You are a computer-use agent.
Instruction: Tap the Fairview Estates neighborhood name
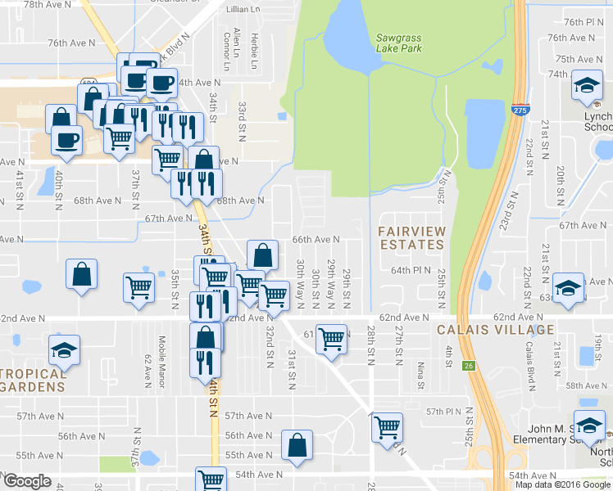pyautogui.click(x=411, y=238)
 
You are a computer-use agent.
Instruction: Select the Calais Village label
pyautogui.click(x=496, y=330)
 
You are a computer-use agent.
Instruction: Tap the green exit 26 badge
pyautogui.click(x=468, y=366)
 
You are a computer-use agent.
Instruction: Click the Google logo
pyautogui.click(x=28, y=481)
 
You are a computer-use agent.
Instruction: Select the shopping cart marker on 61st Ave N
pyautogui.click(x=331, y=338)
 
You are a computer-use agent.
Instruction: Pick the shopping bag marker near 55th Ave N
pyautogui.click(x=297, y=446)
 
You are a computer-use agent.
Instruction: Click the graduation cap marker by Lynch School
pyautogui.click(x=588, y=87)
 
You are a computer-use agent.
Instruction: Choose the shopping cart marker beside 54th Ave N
pyautogui.click(x=211, y=480)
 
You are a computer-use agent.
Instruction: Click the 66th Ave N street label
pyautogui.click(x=316, y=240)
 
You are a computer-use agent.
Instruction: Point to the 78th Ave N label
pyautogui.click(x=44, y=5)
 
